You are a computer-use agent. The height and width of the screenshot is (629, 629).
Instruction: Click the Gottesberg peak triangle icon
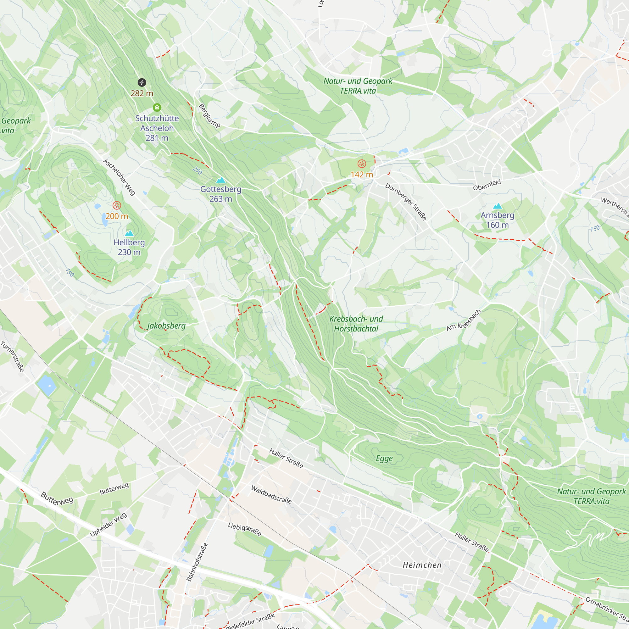pyautogui.click(x=221, y=180)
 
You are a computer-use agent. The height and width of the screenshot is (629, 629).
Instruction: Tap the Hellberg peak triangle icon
pyautogui.click(x=129, y=233)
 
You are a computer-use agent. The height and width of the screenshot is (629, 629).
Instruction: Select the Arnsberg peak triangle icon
pyautogui.click(x=498, y=206)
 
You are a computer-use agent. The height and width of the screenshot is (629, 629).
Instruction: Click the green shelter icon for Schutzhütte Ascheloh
pyautogui.click(x=157, y=108)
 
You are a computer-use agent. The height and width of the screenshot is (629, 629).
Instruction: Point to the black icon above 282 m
pyautogui.click(x=142, y=82)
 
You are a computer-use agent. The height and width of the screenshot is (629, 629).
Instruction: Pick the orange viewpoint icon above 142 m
pyautogui.click(x=362, y=164)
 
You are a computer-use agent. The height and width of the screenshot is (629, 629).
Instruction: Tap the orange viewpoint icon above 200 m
pyautogui.click(x=117, y=205)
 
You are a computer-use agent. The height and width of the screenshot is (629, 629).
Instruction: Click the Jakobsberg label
pyautogui.click(x=166, y=326)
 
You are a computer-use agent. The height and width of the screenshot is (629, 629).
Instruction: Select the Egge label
pyautogui.click(x=384, y=459)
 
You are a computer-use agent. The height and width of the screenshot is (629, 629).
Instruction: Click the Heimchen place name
pyautogui.click(x=422, y=565)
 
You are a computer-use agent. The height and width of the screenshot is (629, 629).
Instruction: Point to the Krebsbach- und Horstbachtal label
pyautogui.click(x=356, y=324)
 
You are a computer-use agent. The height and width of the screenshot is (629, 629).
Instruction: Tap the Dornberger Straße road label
pyautogui.click(x=406, y=202)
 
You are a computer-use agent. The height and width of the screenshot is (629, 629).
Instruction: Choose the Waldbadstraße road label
pyautogui.click(x=271, y=494)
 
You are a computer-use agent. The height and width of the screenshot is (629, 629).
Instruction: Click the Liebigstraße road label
pyautogui.click(x=244, y=529)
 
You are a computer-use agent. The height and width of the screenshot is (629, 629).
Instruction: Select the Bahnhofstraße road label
pyautogui.click(x=197, y=562)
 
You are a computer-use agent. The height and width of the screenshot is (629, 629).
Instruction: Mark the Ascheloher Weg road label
pyautogui.click(x=119, y=177)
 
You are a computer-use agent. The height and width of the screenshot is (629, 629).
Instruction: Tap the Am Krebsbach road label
pyautogui.click(x=463, y=320)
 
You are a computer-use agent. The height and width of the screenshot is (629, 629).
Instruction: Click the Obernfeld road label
pyautogui.click(x=487, y=185)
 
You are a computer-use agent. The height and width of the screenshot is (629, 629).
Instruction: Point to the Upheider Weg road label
pyautogui.click(x=108, y=525)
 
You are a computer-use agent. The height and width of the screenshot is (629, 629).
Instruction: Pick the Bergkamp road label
pyautogui.click(x=209, y=115)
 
